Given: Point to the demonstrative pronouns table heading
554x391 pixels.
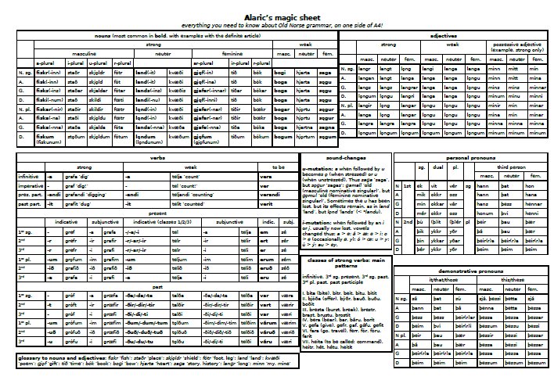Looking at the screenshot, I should (469, 268).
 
